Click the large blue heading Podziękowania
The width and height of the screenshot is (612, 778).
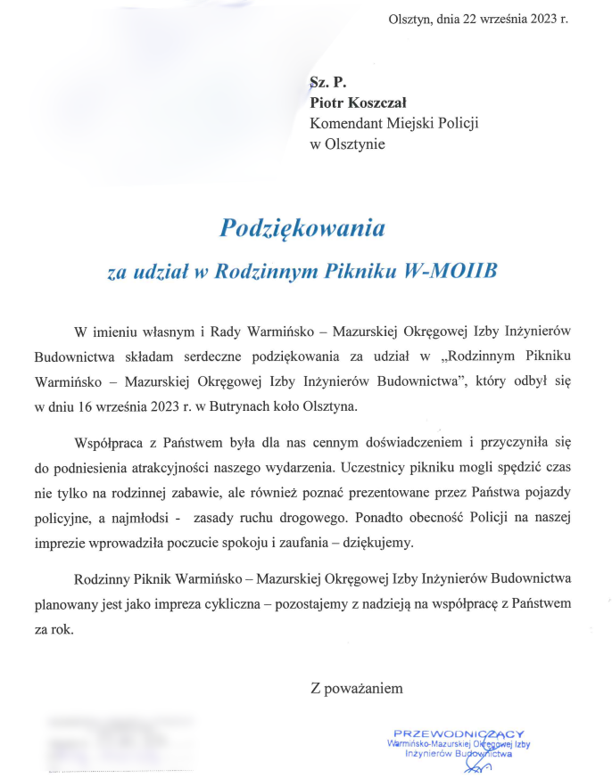click(x=302, y=228)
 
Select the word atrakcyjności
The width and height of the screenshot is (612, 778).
click(x=219, y=465)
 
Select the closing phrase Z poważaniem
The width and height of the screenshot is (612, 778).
click(x=356, y=687)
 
